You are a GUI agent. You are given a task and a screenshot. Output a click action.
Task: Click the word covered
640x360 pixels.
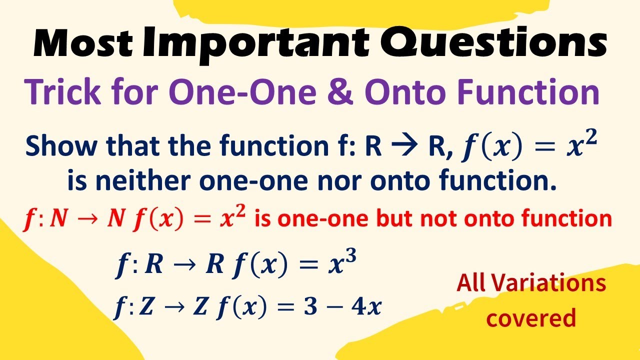[531, 317]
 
